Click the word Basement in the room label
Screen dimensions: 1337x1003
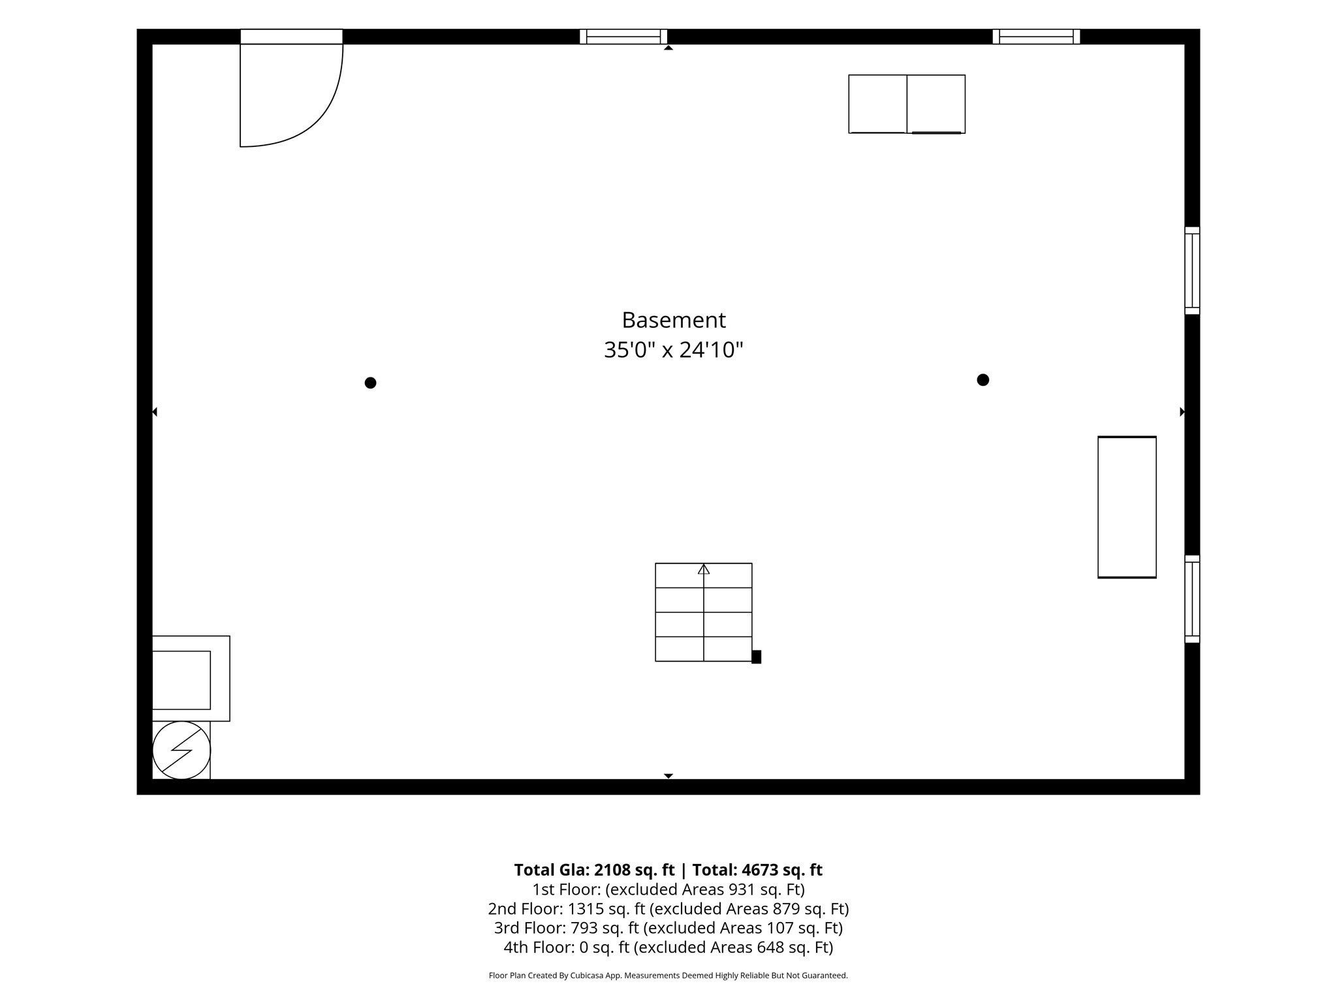(x=673, y=320)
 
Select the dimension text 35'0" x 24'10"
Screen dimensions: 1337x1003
(x=673, y=350)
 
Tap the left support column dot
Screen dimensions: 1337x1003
(x=370, y=383)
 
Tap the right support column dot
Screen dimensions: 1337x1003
(x=983, y=380)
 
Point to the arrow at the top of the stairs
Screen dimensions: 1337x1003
(x=703, y=569)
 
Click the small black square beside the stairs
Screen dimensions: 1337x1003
(x=756, y=657)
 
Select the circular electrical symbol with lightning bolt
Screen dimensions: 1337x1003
(x=181, y=750)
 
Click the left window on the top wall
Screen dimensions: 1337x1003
(x=623, y=37)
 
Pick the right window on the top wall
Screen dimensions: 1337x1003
(x=1036, y=37)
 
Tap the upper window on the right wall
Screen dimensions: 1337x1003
(x=1192, y=270)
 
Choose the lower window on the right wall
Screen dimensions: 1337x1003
(x=1192, y=599)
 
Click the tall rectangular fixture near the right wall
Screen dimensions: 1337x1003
(x=1127, y=507)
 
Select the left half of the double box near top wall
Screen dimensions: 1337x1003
(x=877, y=104)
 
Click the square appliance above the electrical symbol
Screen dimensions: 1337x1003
(x=191, y=678)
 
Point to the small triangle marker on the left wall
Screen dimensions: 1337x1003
(x=155, y=412)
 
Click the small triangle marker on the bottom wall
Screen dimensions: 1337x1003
(x=668, y=776)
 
